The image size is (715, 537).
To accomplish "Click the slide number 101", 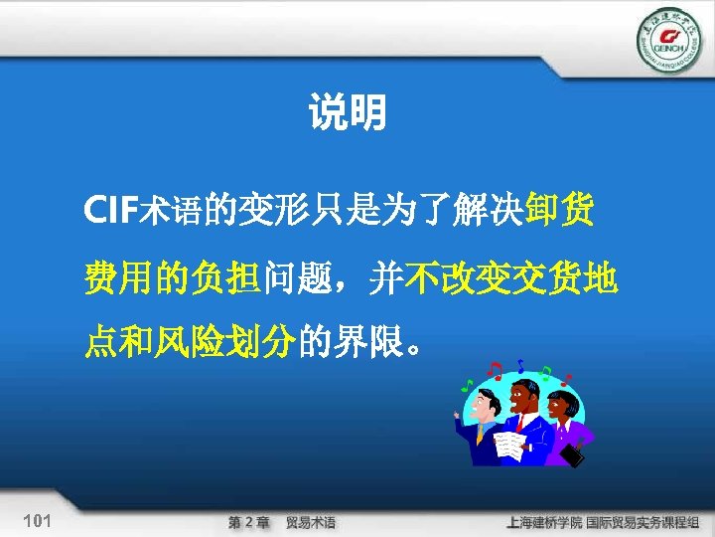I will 37,521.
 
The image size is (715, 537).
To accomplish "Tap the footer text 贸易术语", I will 311,522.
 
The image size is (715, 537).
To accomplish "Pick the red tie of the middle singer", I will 519,422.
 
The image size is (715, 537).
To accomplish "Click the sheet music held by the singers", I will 508,446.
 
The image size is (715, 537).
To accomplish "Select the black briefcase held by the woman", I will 573,454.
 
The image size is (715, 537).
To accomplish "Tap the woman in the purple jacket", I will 564,423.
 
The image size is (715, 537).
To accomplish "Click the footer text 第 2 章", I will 249,522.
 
